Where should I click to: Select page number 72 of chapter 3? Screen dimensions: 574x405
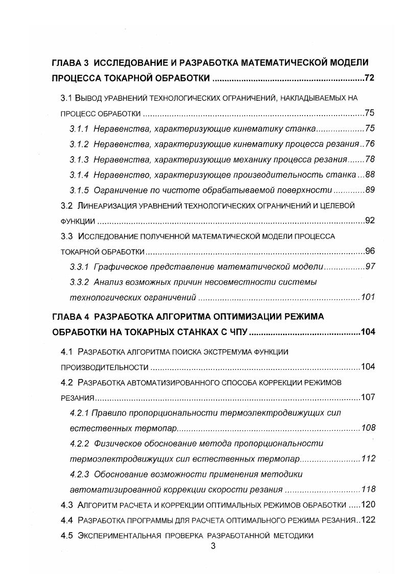[x=370, y=78]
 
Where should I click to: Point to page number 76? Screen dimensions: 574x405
[x=370, y=144]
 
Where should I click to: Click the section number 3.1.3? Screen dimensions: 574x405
[x=79, y=159]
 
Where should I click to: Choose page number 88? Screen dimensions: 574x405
[x=370, y=175]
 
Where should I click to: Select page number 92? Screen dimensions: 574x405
[x=370, y=221]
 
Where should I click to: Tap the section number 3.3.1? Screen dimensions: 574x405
[x=79, y=267]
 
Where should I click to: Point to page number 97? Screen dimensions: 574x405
[x=370, y=267]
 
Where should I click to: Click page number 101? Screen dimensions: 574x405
[x=368, y=297]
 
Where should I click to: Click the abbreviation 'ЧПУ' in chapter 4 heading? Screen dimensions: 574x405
[x=237, y=332]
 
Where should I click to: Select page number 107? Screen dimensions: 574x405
[x=368, y=397]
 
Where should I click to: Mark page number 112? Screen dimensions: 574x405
[x=368, y=458]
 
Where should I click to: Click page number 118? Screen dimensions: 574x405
[x=368, y=489]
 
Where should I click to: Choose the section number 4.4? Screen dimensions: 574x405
[x=67, y=520]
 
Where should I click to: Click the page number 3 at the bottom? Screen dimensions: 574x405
[x=213, y=546]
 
